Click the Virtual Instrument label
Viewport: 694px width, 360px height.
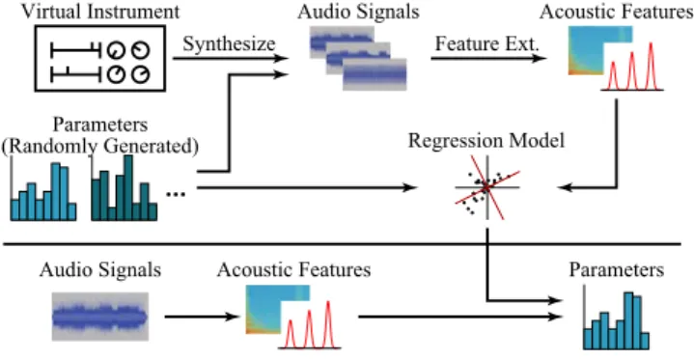(100, 12)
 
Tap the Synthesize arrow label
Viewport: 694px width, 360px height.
(229, 43)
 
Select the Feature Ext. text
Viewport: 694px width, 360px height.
(487, 43)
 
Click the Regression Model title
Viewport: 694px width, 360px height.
(486, 141)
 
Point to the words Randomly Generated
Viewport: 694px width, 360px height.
(100, 146)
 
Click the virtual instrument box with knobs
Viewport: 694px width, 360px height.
(100, 59)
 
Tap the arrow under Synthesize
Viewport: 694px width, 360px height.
(230, 58)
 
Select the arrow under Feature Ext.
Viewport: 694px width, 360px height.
(488, 58)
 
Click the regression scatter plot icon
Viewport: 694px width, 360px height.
(486, 187)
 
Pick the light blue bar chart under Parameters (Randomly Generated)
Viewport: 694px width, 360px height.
(42, 189)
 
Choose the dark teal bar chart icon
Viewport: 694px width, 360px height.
(124, 188)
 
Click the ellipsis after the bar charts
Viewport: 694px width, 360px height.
(176, 194)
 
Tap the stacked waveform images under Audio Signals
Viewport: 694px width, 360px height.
(358, 58)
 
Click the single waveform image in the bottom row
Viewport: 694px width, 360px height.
(100, 317)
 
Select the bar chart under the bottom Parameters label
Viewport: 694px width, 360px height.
(617, 318)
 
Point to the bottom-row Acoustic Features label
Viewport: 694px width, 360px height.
(293, 269)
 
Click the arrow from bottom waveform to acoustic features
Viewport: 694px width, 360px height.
(202, 317)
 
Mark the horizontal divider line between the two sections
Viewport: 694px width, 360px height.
(342, 244)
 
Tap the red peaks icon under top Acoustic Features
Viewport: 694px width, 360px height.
(632, 67)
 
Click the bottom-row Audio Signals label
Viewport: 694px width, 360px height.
(100, 269)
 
